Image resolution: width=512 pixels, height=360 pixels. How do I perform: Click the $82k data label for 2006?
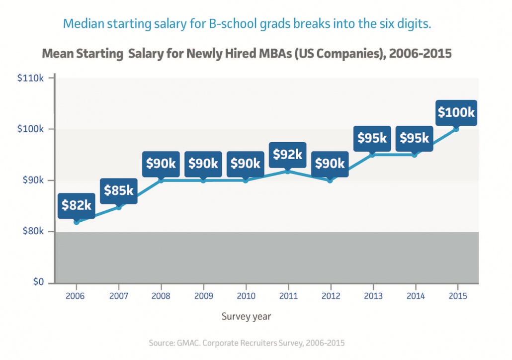click(76, 205)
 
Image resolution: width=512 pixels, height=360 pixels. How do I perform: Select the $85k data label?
click(118, 190)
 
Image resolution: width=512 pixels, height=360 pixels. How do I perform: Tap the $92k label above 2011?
click(287, 154)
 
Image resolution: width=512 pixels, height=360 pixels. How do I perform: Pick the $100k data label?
click(456, 112)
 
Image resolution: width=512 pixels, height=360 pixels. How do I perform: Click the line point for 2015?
click(456, 129)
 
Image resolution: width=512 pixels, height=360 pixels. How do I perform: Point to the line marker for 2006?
click(76, 222)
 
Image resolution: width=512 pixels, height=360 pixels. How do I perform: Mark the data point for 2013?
click(372, 155)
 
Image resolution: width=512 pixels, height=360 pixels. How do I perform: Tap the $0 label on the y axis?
click(39, 282)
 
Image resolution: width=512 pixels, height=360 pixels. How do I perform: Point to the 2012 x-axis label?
click(330, 295)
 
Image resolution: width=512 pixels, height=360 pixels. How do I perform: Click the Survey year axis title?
click(246, 316)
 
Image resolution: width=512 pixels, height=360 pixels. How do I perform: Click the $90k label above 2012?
click(330, 163)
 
